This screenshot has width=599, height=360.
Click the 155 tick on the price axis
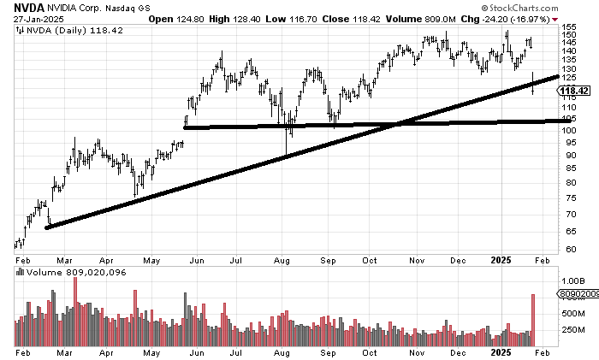[x=567, y=27]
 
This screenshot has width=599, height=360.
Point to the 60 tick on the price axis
[x=567, y=250]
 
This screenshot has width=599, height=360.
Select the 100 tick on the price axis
[x=567, y=130]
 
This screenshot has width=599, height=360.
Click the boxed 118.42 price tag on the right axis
[x=573, y=90]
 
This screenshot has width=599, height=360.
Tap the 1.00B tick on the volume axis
[x=572, y=280]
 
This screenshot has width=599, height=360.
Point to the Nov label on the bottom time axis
[x=418, y=352]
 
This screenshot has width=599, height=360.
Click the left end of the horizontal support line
[x=186, y=128]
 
